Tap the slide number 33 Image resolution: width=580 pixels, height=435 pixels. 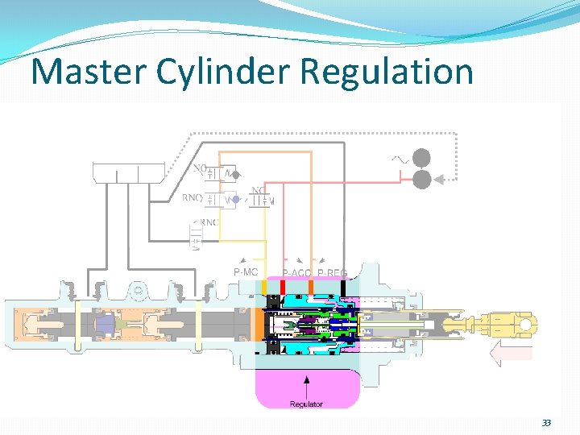pos(546,423)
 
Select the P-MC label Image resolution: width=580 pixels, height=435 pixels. pos(246,272)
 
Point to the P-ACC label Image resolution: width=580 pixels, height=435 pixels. pos(296,274)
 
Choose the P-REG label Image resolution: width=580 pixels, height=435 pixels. pos(332,274)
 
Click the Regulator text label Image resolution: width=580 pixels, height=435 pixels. pos(306,404)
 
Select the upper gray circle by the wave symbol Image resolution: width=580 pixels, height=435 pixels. pos(421,159)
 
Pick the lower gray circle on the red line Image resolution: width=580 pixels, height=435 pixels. pos(421,179)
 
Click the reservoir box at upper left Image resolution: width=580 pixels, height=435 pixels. pos(130,172)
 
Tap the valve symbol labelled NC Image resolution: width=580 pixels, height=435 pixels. pos(260,201)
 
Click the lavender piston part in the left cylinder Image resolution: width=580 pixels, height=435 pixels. pos(105,325)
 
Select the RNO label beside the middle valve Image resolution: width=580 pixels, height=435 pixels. pos(193,197)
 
